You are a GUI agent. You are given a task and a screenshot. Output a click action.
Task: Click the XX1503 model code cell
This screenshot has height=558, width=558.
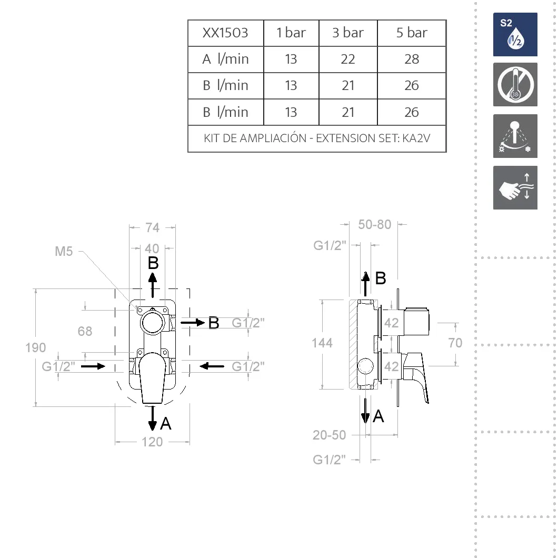point(225,33)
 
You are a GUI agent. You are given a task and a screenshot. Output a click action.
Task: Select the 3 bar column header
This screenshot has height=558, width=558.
point(347,33)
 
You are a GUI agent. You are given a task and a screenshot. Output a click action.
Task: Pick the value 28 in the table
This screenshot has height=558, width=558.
point(411,59)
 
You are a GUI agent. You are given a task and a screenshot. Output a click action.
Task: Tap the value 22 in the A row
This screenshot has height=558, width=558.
point(347,59)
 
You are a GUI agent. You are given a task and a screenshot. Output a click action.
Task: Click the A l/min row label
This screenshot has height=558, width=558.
point(225,59)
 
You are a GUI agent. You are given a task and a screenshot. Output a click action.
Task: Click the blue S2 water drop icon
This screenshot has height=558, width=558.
point(515,35)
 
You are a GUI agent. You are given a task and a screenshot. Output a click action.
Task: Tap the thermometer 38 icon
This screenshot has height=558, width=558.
point(515,85)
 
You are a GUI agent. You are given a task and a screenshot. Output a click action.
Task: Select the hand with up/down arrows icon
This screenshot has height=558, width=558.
point(515,187)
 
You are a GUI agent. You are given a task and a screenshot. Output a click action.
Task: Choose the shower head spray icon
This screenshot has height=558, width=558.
point(515,136)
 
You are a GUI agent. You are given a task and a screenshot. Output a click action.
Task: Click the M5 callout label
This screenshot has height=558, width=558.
point(64,252)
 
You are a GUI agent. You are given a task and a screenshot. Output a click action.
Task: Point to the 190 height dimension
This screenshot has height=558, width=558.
point(36,347)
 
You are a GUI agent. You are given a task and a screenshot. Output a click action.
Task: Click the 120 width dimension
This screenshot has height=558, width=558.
point(152,442)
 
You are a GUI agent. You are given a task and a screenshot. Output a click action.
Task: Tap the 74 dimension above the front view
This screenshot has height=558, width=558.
point(152,228)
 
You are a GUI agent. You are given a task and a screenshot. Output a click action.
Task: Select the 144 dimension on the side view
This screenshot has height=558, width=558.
point(322,343)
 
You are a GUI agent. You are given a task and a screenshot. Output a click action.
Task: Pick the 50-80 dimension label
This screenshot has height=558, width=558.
point(374,225)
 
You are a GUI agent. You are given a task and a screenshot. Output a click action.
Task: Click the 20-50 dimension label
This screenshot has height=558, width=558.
point(329,435)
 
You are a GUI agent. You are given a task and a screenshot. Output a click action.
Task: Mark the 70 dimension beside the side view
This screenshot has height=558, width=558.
point(455,343)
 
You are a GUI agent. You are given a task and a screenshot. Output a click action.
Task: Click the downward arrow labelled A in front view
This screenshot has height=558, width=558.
point(153,418)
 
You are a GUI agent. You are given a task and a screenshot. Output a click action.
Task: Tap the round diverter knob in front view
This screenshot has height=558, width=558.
point(153,323)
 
